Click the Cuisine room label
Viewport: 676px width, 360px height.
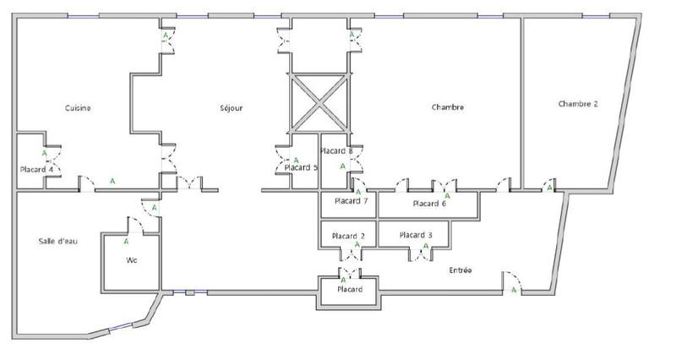point(78,108)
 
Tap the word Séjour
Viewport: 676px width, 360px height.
point(231,108)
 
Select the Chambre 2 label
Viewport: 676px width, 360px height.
point(578,104)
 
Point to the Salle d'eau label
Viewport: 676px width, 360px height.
point(58,241)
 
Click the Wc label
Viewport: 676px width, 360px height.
point(132,260)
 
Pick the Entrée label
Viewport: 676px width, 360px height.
point(461,270)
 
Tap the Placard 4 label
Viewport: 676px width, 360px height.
point(36,170)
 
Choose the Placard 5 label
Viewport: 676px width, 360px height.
point(301,167)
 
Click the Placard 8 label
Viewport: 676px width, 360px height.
point(336,151)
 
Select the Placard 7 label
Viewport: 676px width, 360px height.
point(351,201)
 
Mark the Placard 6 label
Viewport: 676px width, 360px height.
point(429,204)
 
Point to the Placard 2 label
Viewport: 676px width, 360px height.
point(348,236)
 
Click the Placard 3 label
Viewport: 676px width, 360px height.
point(416,235)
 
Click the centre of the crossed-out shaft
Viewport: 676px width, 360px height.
point(319,103)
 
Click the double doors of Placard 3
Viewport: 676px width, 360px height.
point(420,255)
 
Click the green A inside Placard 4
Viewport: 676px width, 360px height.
point(45,153)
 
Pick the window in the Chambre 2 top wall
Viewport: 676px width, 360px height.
point(596,16)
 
